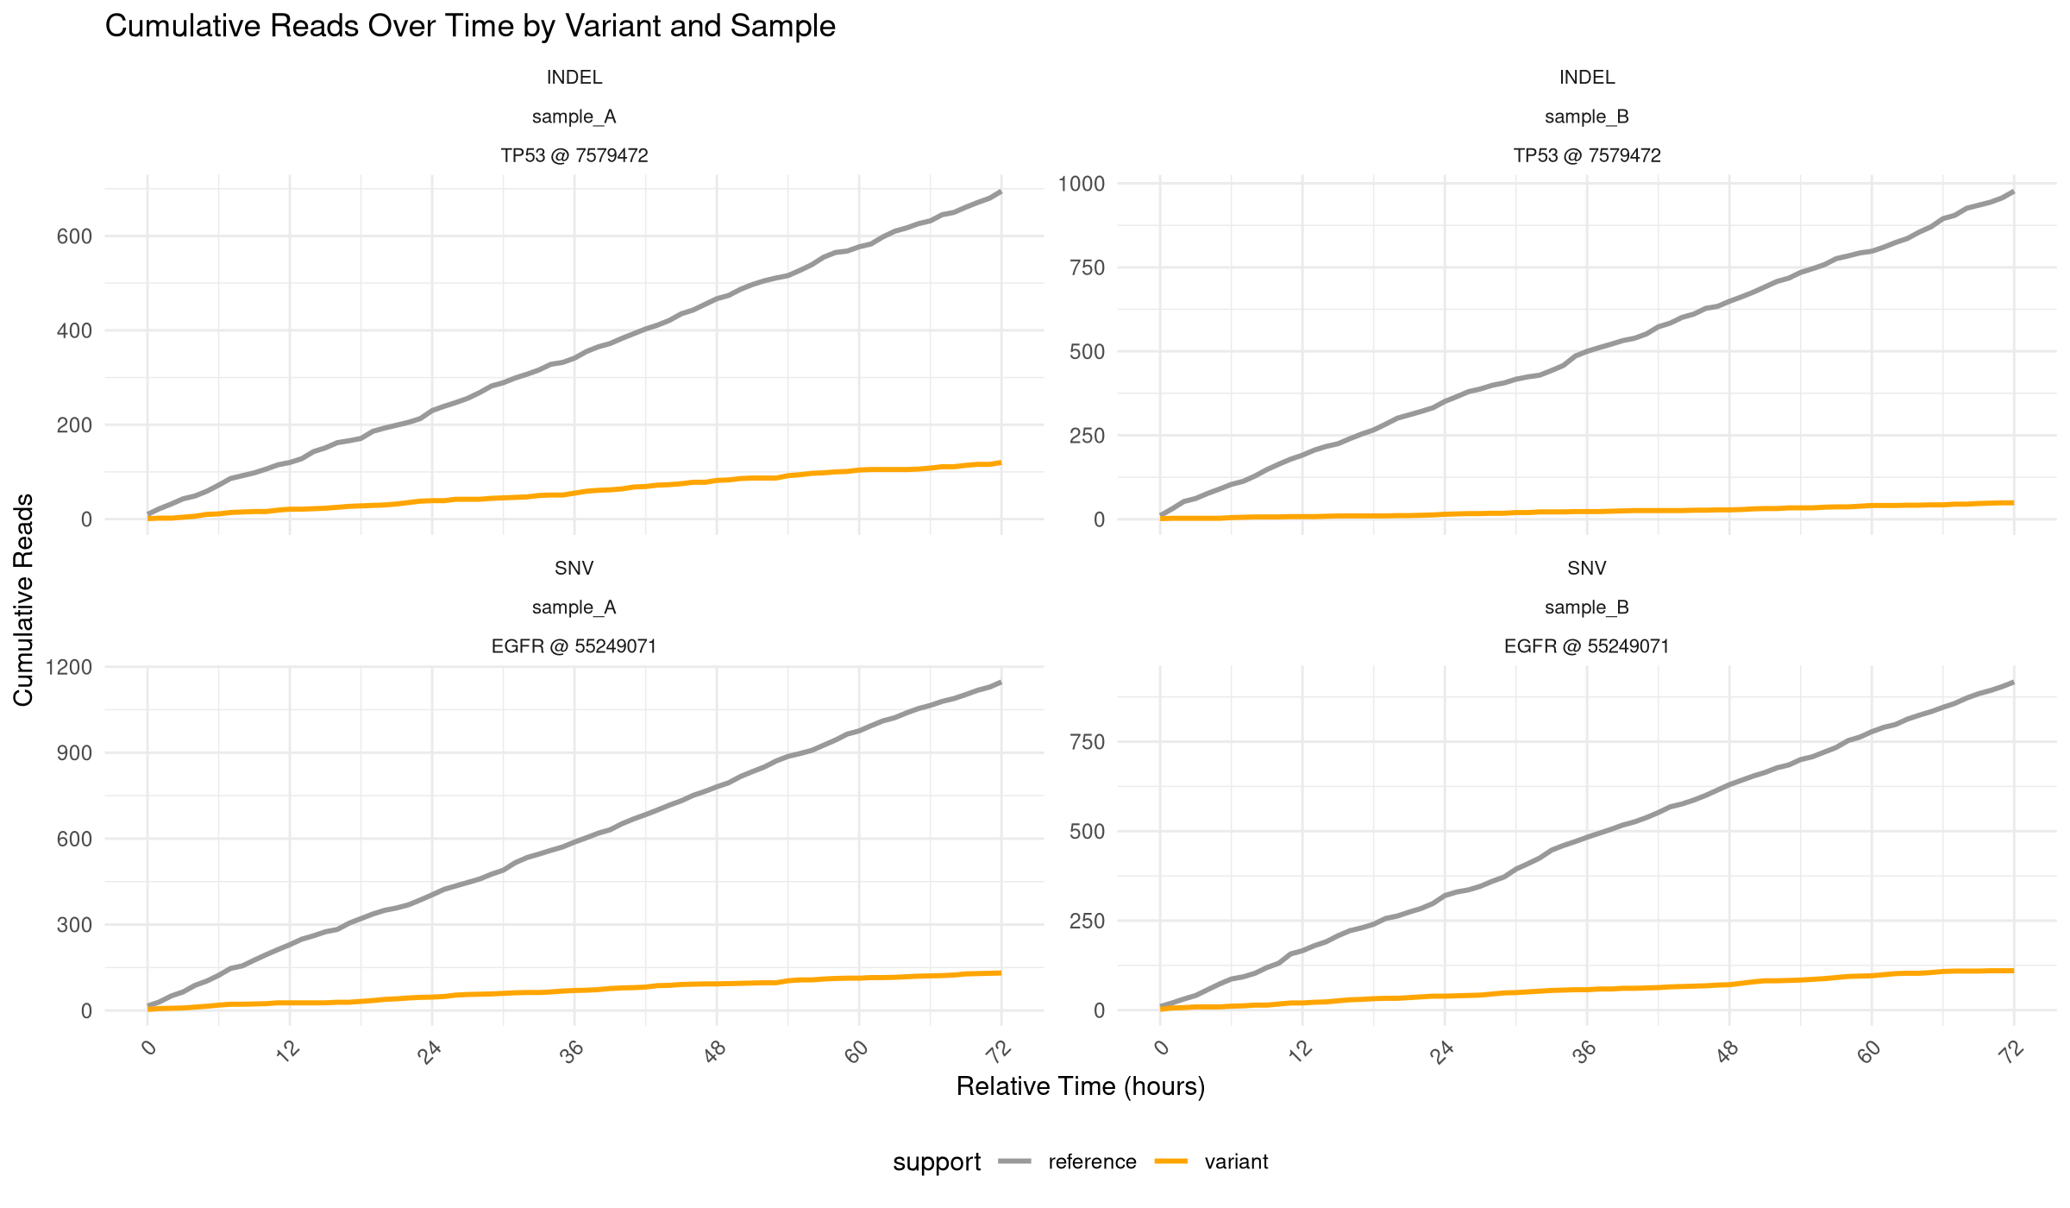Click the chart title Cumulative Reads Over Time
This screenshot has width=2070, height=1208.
tap(470, 27)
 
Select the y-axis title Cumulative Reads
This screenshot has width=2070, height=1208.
tap(23, 600)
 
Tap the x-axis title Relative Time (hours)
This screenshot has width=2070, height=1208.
tap(1080, 1086)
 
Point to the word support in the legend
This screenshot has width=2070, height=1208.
tap(937, 1162)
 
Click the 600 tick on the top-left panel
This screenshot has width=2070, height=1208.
tap(74, 236)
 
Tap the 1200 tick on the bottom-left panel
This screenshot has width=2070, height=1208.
tap(74, 667)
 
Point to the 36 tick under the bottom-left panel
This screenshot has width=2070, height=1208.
tap(572, 1052)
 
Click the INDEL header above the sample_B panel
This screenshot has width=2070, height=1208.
tap(1586, 78)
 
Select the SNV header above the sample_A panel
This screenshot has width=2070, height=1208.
tap(574, 569)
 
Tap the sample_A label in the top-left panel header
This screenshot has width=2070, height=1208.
tap(574, 116)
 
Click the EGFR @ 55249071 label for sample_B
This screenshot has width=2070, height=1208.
tap(1586, 646)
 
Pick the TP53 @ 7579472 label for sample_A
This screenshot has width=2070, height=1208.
tap(574, 155)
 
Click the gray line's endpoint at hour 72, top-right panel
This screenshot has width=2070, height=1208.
tap(2013, 192)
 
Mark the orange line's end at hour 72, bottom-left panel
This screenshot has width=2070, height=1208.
tap(1000, 972)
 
